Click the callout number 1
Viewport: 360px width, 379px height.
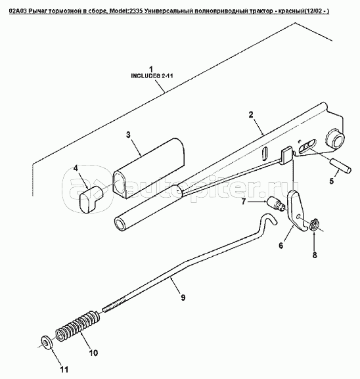pyautogui.click(x=151, y=69)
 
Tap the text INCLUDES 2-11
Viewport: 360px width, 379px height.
pyautogui.click(x=152, y=76)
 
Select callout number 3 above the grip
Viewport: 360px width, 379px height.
pyautogui.click(x=128, y=135)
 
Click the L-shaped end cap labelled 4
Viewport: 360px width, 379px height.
pyautogui.click(x=91, y=196)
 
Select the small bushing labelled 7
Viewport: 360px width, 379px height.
pyautogui.click(x=276, y=204)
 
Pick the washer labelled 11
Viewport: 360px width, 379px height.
pyautogui.click(x=46, y=342)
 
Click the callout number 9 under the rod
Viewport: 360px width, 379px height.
pyautogui.click(x=183, y=297)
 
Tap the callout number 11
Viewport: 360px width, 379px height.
pyautogui.click(x=64, y=369)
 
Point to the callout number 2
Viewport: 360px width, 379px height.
pyautogui.click(x=251, y=114)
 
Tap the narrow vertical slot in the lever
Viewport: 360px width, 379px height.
pyautogui.click(x=264, y=153)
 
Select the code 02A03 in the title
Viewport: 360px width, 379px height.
pyautogui.click(x=16, y=11)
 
